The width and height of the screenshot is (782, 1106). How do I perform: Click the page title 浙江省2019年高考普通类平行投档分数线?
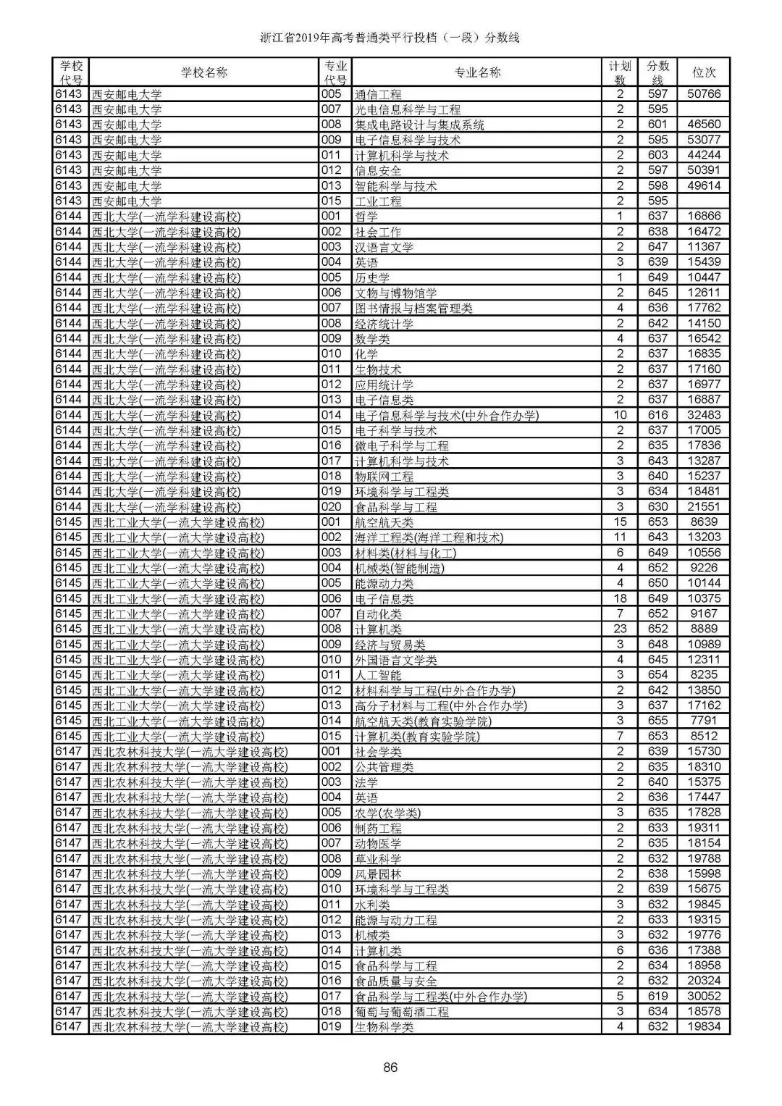click(390, 38)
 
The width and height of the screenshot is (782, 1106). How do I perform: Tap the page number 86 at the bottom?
click(391, 1067)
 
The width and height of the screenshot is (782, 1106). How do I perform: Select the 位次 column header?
click(704, 72)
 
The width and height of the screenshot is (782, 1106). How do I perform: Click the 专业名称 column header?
click(477, 72)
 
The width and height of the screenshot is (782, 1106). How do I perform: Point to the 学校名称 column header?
click(203, 72)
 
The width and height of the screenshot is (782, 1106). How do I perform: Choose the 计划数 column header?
click(620, 72)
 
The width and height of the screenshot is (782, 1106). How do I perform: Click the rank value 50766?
click(704, 94)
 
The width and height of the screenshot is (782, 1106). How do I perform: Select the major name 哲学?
click(366, 217)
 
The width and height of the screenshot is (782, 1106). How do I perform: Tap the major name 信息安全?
click(378, 170)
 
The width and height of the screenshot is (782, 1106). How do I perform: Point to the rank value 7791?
click(704, 721)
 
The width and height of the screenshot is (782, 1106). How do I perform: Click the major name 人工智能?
click(378, 675)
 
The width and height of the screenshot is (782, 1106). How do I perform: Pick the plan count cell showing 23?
click(620, 629)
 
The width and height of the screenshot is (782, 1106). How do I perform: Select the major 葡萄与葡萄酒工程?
click(402, 1011)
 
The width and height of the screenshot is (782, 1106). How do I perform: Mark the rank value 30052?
click(704, 996)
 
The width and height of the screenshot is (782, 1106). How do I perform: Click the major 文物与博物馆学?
click(396, 293)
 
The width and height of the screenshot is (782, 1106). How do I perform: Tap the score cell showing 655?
click(657, 721)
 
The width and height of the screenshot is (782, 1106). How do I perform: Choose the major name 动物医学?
click(378, 843)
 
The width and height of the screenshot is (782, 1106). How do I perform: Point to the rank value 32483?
click(704, 415)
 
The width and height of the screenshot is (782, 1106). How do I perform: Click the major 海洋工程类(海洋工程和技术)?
click(429, 537)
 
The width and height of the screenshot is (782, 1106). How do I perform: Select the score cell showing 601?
click(657, 125)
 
